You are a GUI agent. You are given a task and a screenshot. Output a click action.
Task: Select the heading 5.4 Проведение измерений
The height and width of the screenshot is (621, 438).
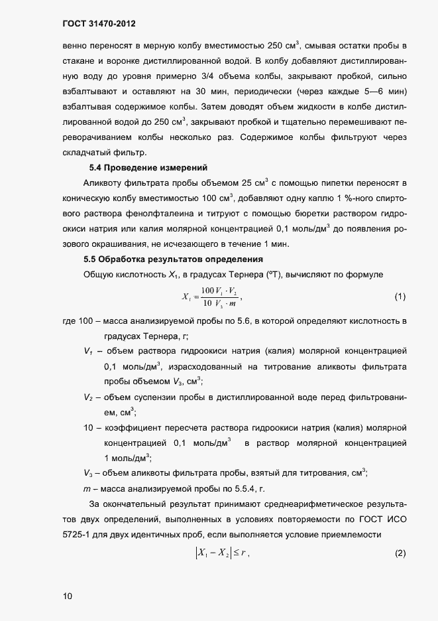pyautogui.click(x=148, y=167)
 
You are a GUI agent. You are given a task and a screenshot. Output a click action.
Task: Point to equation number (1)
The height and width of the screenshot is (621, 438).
pyautogui.click(x=400, y=296)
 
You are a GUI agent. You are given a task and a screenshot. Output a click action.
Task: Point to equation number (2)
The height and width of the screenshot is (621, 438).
pyautogui.click(x=400, y=553)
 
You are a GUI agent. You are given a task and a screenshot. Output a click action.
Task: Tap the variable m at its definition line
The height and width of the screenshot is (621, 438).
pyautogui.click(x=87, y=489)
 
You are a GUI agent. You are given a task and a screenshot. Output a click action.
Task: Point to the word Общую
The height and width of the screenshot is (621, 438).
pyautogui.click(x=99, y=274)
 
